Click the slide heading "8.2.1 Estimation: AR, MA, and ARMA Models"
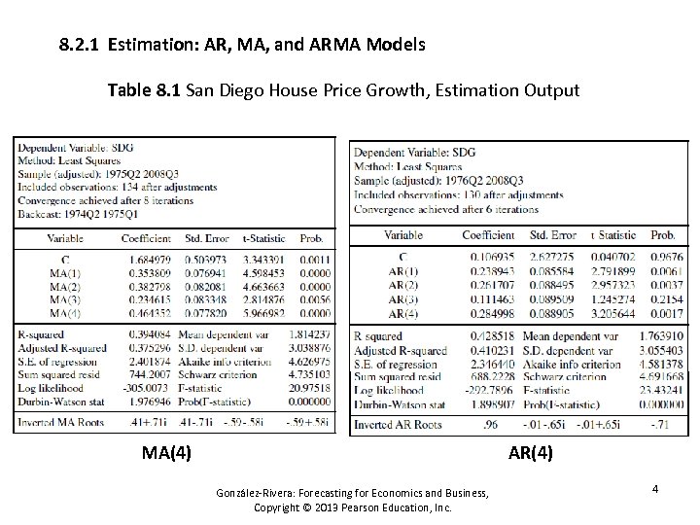[240, 45]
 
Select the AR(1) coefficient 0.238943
[488, 270]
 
